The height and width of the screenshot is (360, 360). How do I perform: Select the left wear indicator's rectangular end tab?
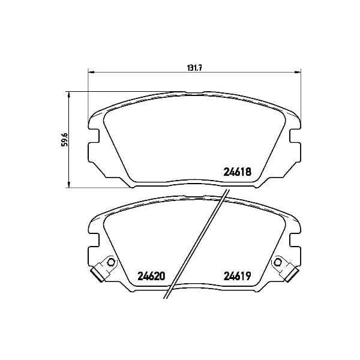pyautogui.click(x=97, y=275)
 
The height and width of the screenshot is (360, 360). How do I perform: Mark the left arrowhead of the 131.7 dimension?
pyautogui.click(x=91, y=73)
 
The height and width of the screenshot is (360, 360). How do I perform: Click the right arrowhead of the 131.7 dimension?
pyautogui.click(x=298, y=73)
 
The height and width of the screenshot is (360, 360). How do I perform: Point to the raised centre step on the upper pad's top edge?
pyautogui.click(x=194, y=92)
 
